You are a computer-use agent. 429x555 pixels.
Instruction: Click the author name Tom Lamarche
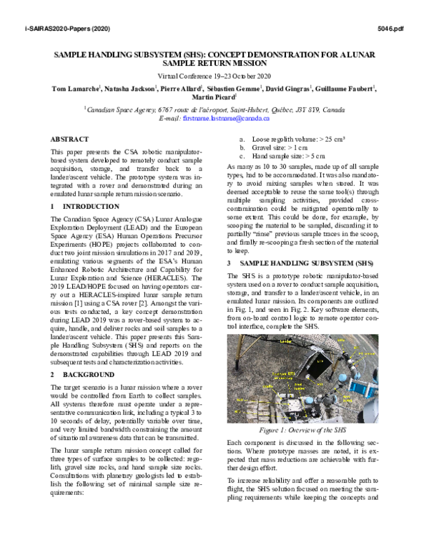click(x=77, y=88)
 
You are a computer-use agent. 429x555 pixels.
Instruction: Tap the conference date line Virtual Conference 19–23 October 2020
click(x=214, y=75)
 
